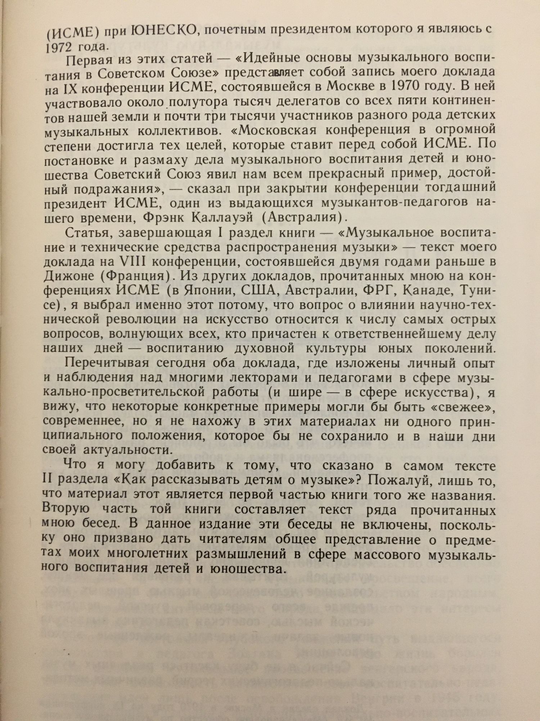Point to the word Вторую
pos(65,510)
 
